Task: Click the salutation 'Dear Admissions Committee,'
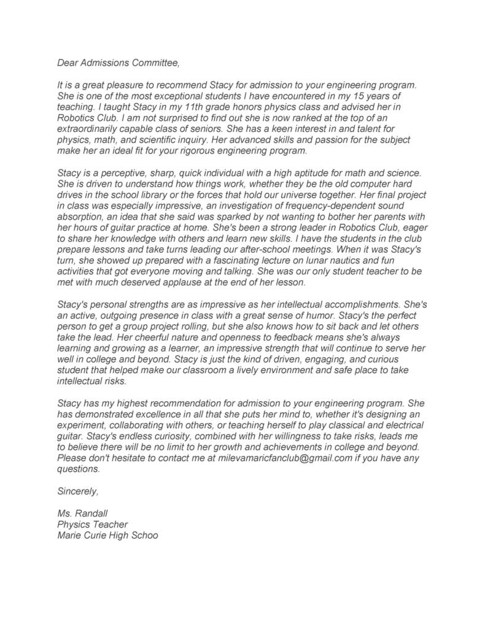[x=118, y=62]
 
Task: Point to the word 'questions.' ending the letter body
[x=78, y=469]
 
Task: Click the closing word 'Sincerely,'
[x=78, y=491]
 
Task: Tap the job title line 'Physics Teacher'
[x=92, y=525]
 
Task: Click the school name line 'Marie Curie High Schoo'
[x=107, y=535]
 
